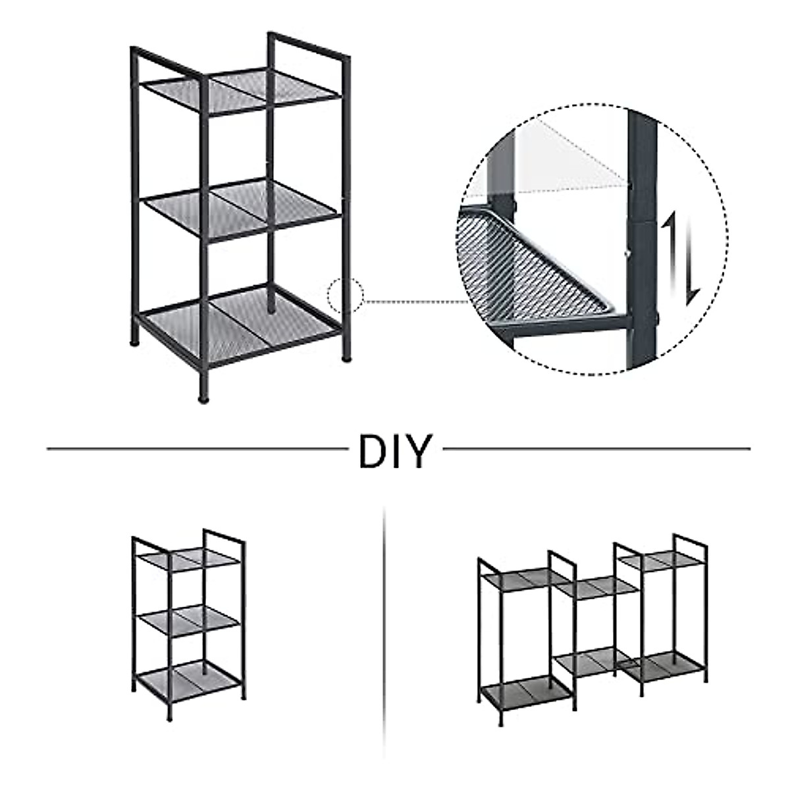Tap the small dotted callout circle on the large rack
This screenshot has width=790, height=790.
coord(346,294)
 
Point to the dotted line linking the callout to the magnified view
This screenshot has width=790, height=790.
coord(415,302)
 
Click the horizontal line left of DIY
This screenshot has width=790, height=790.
coord(197,450)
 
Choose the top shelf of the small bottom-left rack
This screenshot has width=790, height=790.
coord(188,559)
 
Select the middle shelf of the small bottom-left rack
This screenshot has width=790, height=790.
coord(188,619)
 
